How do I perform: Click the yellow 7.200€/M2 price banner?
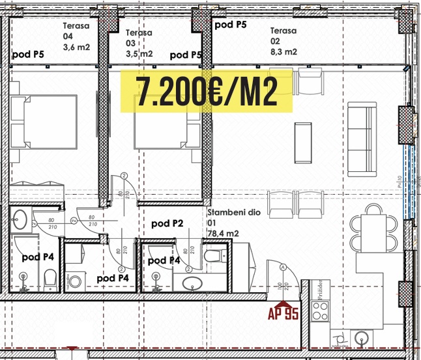click(205, 92)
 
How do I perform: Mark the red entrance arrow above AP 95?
click(283, 302)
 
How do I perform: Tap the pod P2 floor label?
click(167, 223)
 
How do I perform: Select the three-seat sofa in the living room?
click(363, 139)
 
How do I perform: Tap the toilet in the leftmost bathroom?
click(49, 280)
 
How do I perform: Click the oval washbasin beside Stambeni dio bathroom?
click(193, 283)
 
